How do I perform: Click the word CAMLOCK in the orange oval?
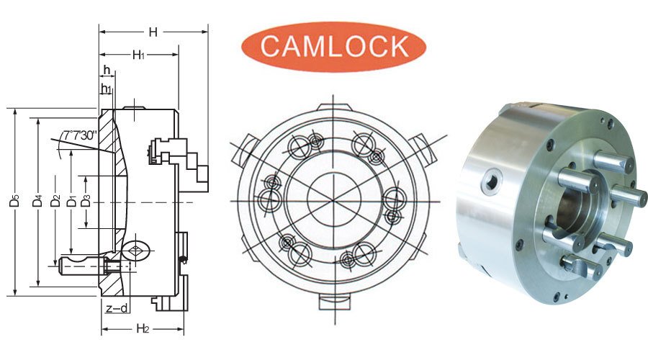(x=333, y=45)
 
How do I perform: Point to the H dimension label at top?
(x=153, y=32)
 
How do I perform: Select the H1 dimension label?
(x=138, y=54)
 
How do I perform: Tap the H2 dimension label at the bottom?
(x=143, y=329)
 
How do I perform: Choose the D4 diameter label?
(x=38, y=203)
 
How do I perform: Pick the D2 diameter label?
(x=55, y=203)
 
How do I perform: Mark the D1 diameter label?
(x=71, y=203)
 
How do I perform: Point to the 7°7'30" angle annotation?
(x=79, y=135)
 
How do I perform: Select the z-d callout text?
(x=117, y=309)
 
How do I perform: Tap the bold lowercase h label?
(x=107, y=70)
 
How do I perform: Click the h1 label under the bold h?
(x=107, y=89)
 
